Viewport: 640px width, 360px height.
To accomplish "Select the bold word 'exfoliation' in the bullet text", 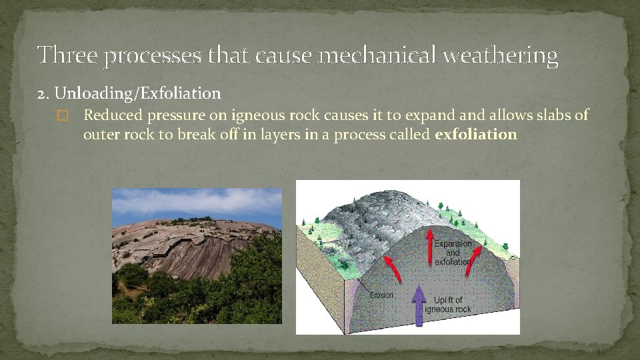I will pos(475,135).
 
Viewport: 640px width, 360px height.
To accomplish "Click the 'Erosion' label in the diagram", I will pos(381,295).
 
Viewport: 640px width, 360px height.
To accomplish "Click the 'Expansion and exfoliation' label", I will pos(453,253).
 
